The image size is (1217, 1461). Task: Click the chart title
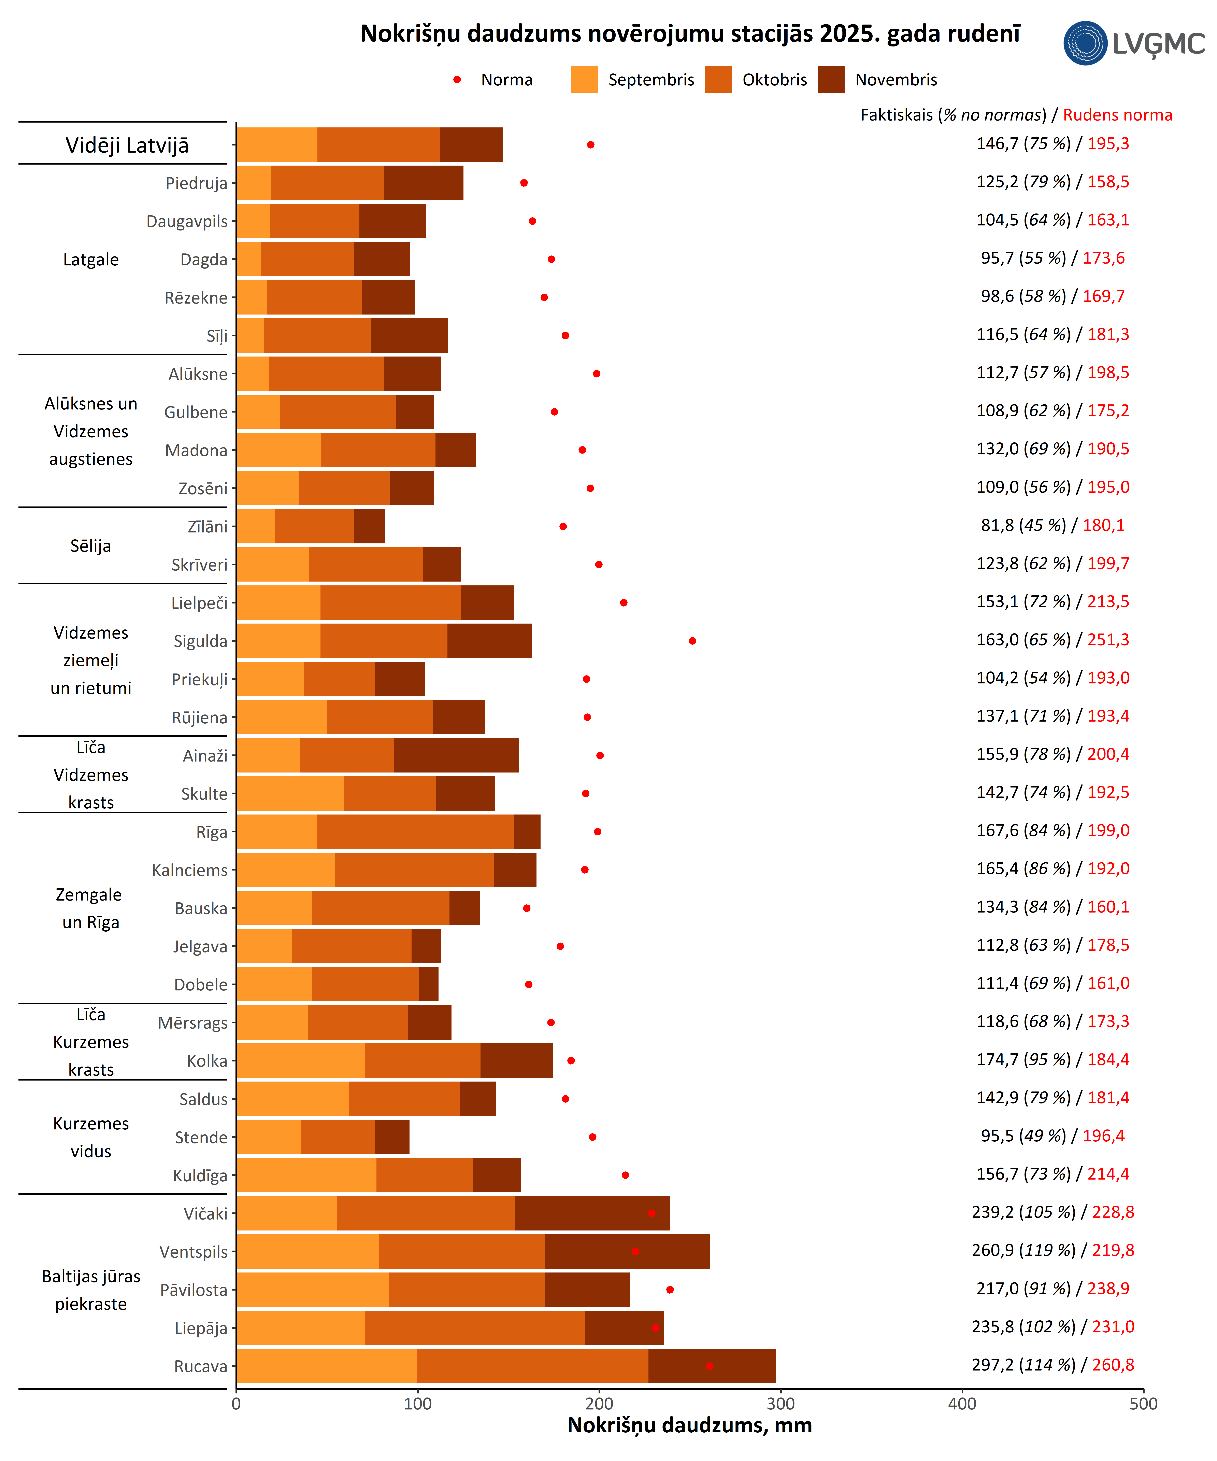(x=690, y=33)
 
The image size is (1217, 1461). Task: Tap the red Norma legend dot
(x=457, y=79)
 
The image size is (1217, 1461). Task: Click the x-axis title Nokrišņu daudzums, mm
(x=690, y=1425)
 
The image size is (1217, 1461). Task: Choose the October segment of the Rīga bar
(x=415, y=831)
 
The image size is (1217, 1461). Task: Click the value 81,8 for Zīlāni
(x=997, y=525)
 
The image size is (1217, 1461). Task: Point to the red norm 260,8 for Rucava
(x=1113, y=1365)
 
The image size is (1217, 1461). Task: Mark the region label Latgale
(x=91, y=260)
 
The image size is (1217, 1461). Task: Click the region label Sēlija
(x=91, y=545)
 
